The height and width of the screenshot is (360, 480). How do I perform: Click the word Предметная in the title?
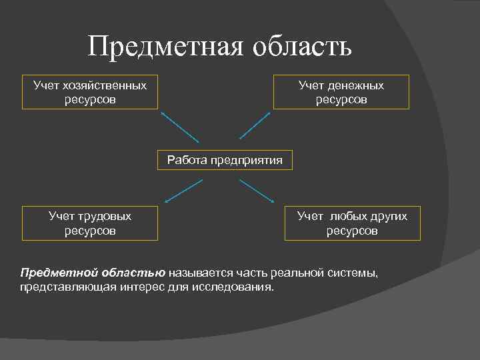(x=165, y=47)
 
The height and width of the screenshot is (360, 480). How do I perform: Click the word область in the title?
(x=300, y=47)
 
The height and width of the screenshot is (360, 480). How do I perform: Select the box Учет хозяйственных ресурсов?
(x=90, y=93)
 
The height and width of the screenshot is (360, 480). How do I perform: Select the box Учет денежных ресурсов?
(x=341, y=93)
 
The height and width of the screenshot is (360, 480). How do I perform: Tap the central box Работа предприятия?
(x=225, y=160)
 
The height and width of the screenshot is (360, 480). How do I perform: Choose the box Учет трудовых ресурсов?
(x=90, y=223)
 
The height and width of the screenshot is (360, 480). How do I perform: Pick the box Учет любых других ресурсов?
(x=352, y=223)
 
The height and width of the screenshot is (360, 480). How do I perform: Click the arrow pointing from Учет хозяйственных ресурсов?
(x=180, y=127)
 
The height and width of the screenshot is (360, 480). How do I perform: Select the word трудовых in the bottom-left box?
(x=105, y=216)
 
